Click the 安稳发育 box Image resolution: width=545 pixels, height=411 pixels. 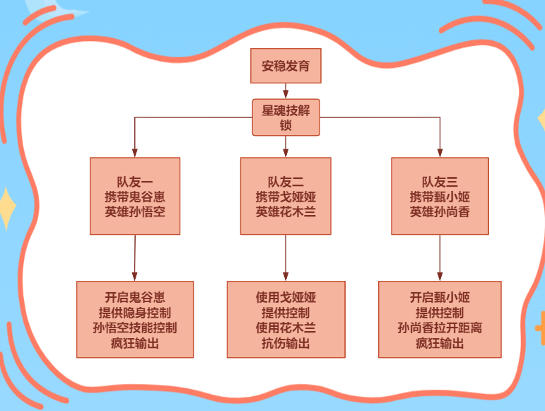tap(286, 66)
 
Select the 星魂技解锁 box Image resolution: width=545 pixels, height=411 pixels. tap(286, 117)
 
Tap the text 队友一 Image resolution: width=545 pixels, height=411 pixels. tap(134, 181)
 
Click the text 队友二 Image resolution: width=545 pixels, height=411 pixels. tap(286, 181)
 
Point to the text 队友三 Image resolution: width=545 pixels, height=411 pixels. tap(440, 181)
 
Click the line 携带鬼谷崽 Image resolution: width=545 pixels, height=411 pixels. tap(134, 196)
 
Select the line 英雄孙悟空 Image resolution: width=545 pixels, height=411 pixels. tap(134, 211)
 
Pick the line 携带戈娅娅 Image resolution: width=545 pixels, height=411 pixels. tap(286, 196)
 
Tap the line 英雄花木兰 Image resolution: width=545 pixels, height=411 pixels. tap(286, 211)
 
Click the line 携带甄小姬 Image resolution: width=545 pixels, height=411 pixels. tap(440, 196)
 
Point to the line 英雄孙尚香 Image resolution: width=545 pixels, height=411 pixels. tap(440, 211)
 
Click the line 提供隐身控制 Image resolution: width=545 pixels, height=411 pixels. tap(134, 312)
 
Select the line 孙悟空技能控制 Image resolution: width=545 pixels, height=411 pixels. tap(134, 328)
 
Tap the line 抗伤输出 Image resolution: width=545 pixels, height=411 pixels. tap(286, 343)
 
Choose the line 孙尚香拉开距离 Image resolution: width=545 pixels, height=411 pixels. tap(440, 328)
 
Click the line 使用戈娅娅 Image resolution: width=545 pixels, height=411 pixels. tap(286, 297)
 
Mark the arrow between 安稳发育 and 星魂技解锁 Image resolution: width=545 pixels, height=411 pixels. tap(286, 91)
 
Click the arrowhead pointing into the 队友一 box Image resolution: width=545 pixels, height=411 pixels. tap(134, 153)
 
